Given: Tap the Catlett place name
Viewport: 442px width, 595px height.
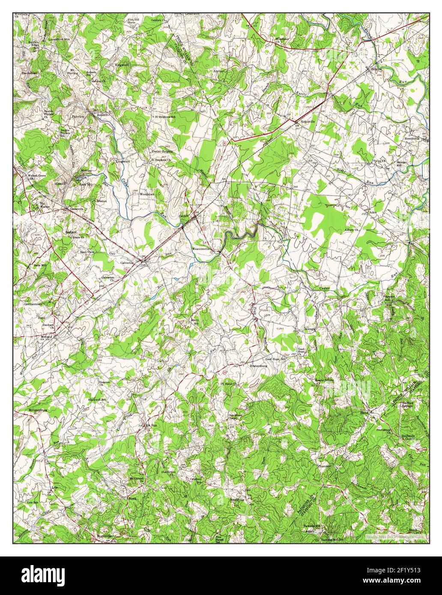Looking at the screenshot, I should coord(184,216).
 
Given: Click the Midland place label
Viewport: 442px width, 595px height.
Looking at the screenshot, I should coord(46,337).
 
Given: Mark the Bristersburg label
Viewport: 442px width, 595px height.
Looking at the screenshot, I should coord(258,366).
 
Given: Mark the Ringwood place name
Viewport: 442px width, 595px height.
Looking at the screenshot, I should coord(122,65).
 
